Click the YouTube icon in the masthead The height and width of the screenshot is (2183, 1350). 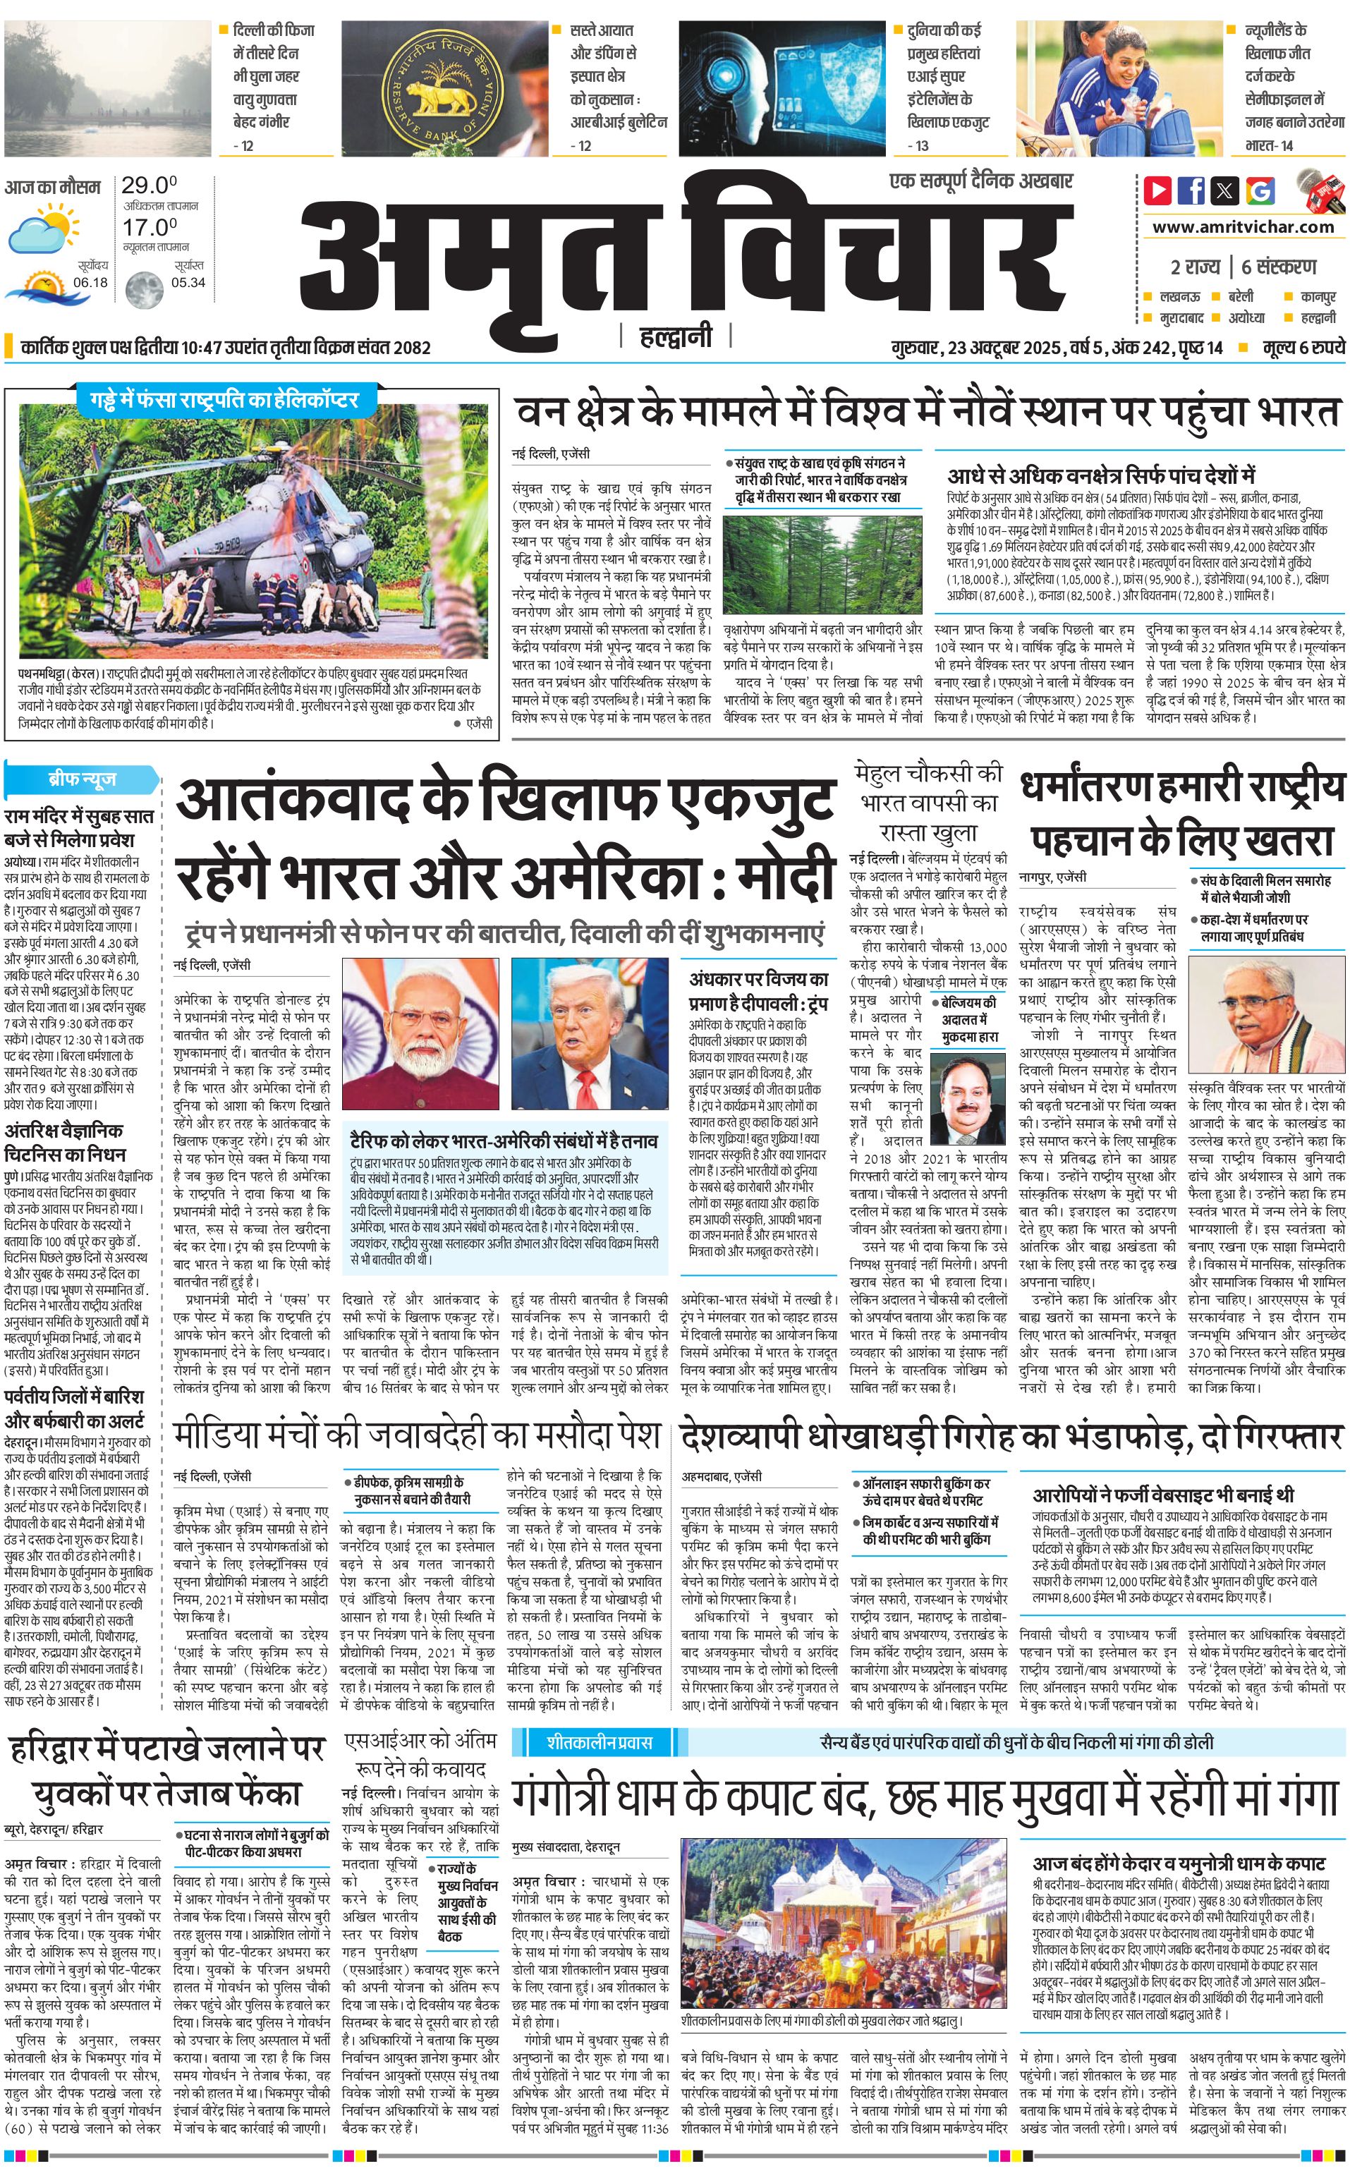[1157, 190]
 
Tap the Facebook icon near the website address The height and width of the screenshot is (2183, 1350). [1191, 190]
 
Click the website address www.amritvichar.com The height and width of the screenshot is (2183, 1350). [1243, 227]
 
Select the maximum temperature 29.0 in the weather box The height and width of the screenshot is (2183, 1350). [149, 186]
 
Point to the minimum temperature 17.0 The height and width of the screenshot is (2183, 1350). [149, 227]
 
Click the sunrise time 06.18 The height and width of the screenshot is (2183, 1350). [90, 282]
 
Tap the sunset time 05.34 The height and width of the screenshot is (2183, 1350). [188, 282]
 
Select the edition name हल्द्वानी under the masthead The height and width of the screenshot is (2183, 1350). [676, 336]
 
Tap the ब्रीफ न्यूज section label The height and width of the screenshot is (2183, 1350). [81, 779]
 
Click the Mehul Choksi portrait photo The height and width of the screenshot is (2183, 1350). [968, 1097]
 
